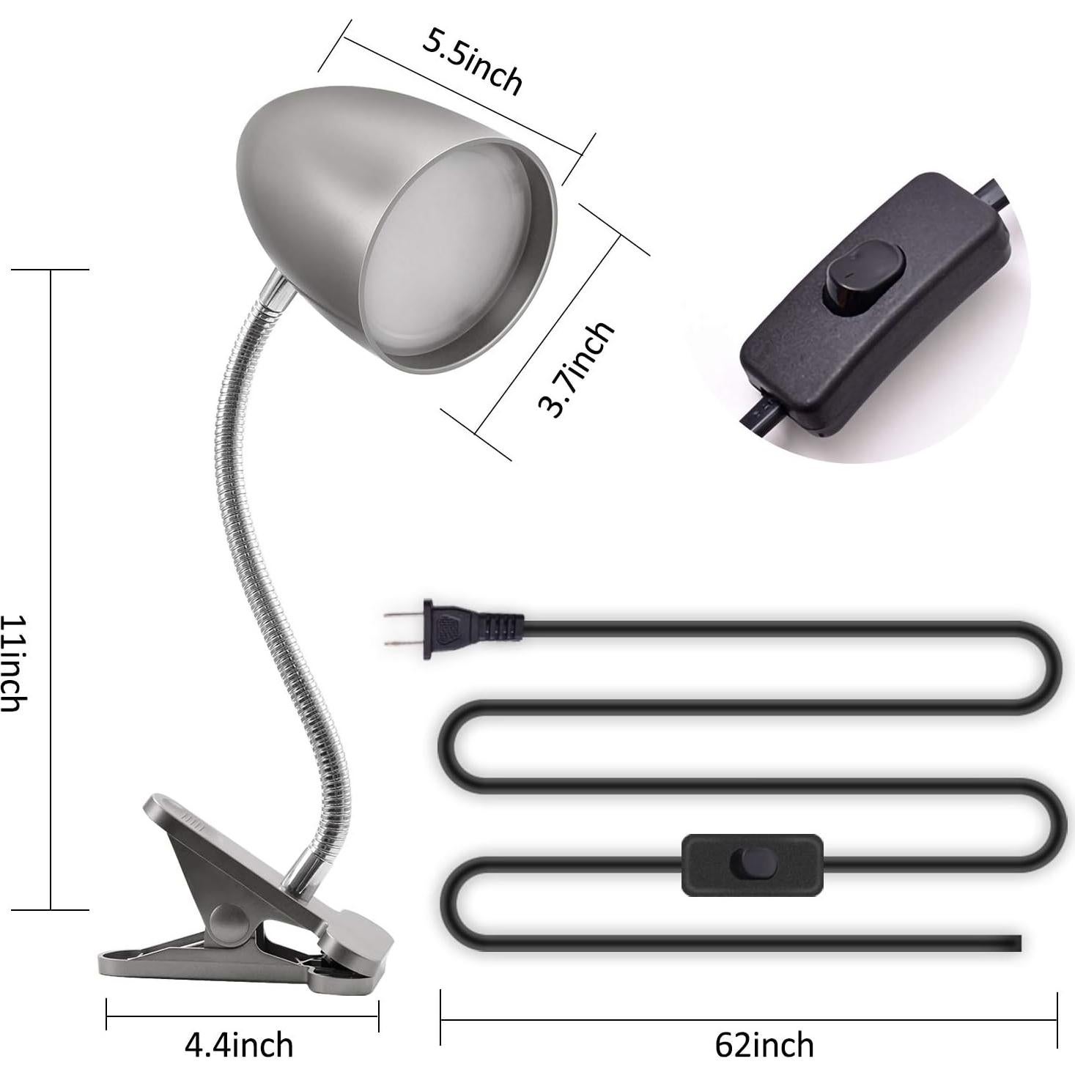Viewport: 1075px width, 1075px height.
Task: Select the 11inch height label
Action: pyautogui.click(x=14, y=663)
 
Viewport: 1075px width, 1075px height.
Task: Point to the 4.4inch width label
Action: pyautogui.click(x=239, y=1044)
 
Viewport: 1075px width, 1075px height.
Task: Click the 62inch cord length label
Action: pyautogui.click(x=764, y=1044)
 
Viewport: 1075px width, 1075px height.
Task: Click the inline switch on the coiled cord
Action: pyautogui.click(x=752, y=865)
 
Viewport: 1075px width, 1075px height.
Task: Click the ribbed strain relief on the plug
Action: pyautogui.click(x=502, y=627)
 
